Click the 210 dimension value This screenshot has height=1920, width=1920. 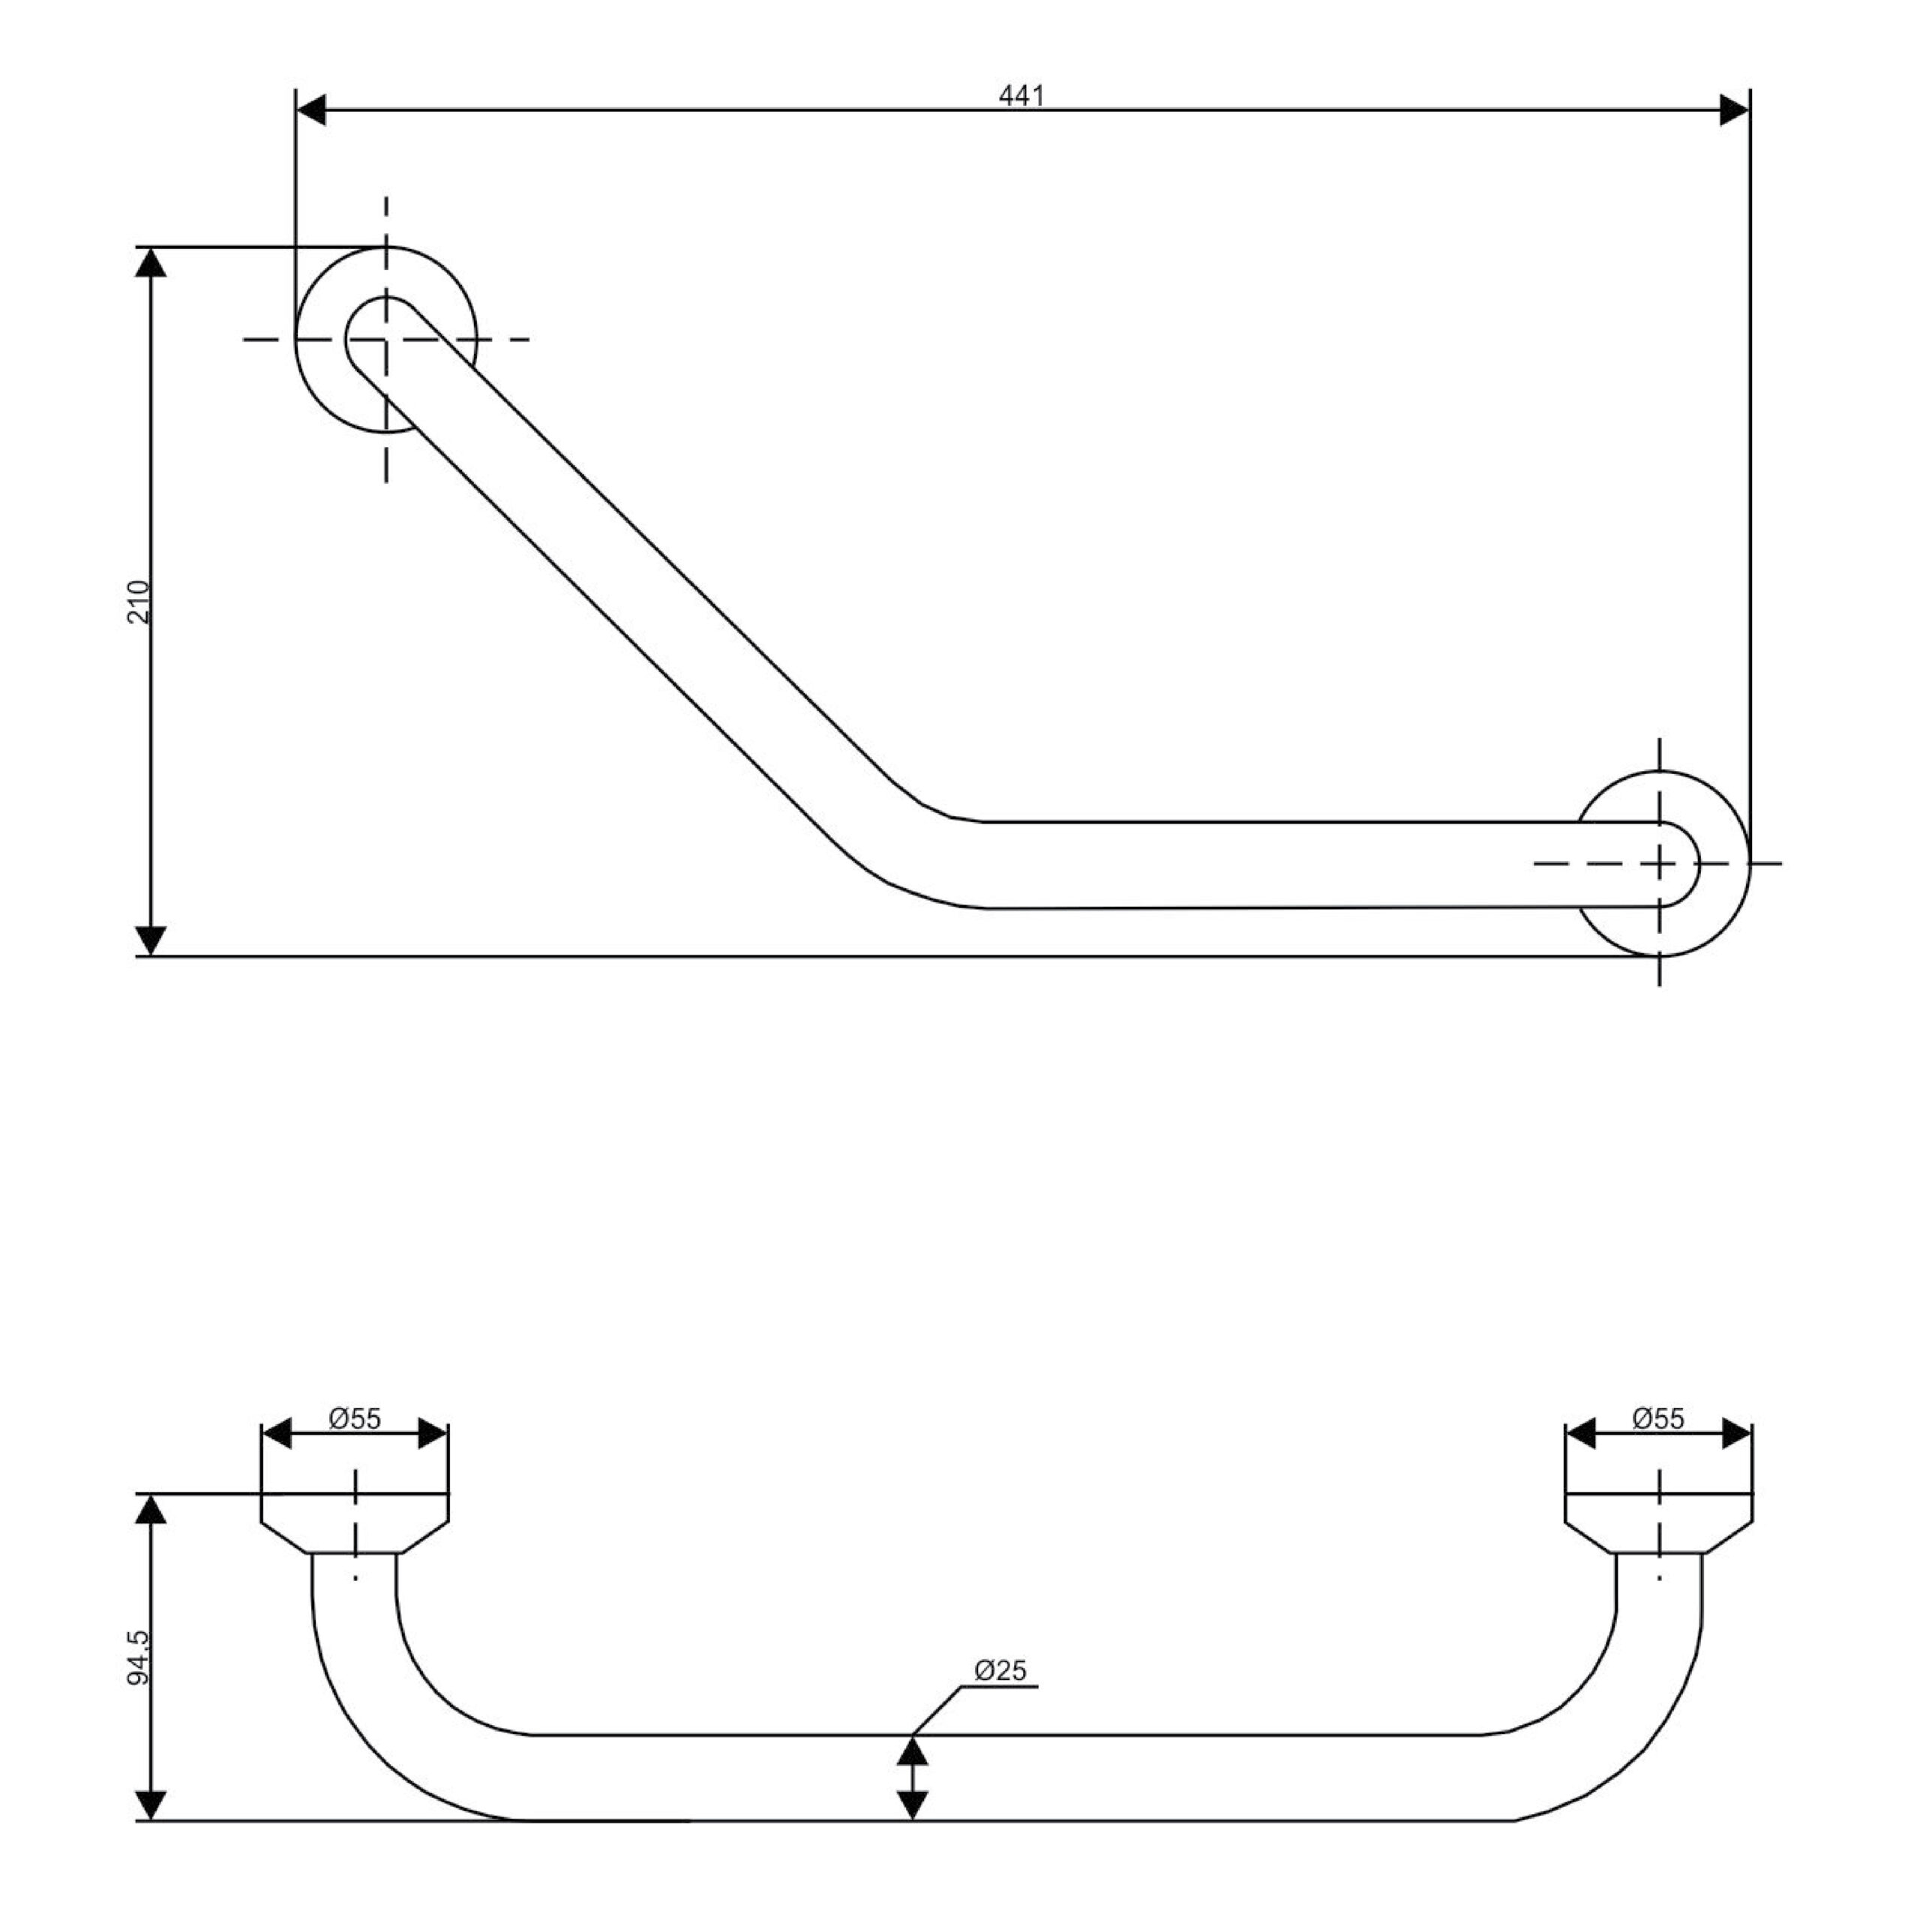coord(139,601)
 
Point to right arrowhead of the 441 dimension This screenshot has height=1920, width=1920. coord(1734,110)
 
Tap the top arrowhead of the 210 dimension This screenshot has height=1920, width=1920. coord(150,262)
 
